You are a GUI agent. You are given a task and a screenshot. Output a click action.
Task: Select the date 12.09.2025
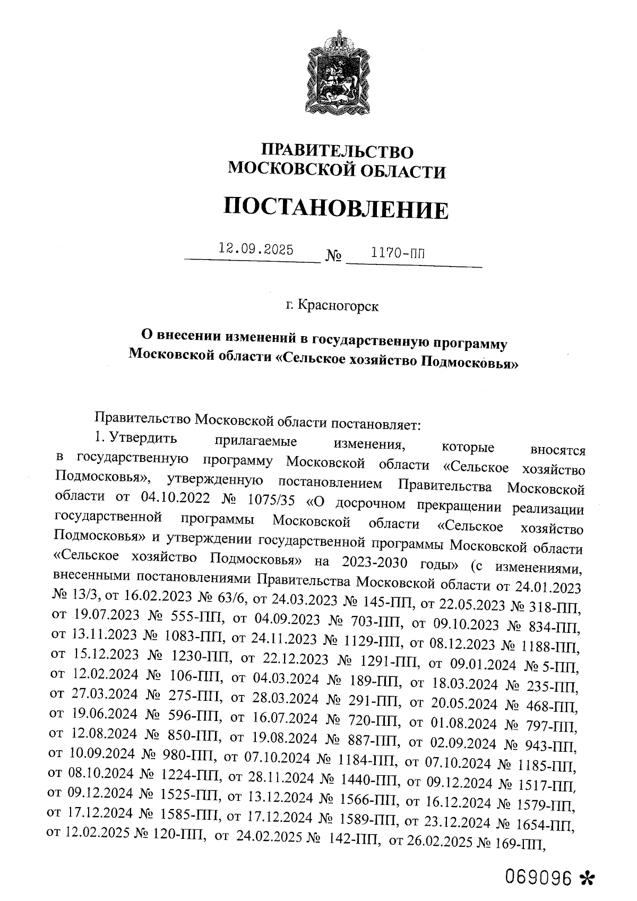[256, 249]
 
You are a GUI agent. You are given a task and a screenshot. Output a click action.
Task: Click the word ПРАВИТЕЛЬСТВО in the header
[338, 151]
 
